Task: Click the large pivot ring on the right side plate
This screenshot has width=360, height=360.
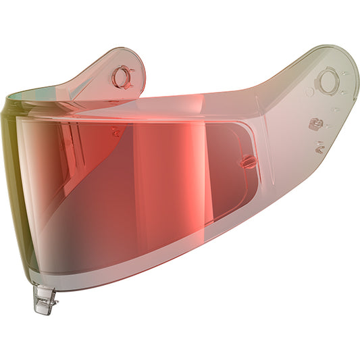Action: pos(328,82)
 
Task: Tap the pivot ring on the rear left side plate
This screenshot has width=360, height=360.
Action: pos(122,77)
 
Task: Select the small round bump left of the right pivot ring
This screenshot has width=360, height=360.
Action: pos(309,91)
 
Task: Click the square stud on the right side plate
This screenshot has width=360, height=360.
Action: pos(314,124)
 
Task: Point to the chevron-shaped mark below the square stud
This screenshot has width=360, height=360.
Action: pos(319,143)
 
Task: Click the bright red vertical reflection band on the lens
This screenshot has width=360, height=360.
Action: pos(145,182)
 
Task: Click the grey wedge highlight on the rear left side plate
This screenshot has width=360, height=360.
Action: pos(101,95)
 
